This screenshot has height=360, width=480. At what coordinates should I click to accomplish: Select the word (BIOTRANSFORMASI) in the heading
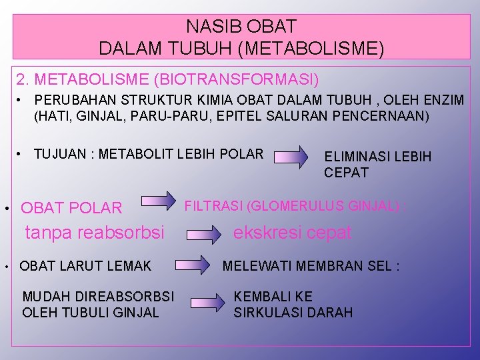[236, 80]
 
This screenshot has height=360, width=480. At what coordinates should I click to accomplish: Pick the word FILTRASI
[213, 206]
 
